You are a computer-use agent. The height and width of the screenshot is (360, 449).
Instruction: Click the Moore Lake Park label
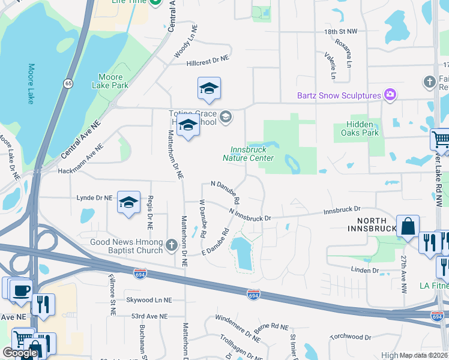111,81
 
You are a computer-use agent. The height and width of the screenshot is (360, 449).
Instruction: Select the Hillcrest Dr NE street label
208,60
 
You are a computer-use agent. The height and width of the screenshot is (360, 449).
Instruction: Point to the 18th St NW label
341,30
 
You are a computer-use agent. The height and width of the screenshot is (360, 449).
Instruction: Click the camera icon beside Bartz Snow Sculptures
390,95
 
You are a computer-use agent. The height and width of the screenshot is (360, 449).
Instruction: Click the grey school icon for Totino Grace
226,116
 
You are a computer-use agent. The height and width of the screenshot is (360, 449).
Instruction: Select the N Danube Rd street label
225,191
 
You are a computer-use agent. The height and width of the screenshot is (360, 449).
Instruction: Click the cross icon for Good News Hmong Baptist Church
171,244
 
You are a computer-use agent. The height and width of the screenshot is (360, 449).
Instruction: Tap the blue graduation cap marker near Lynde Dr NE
128,203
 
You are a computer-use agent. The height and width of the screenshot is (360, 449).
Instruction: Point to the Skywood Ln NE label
149,299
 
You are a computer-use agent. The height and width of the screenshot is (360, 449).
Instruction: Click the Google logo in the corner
20,353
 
